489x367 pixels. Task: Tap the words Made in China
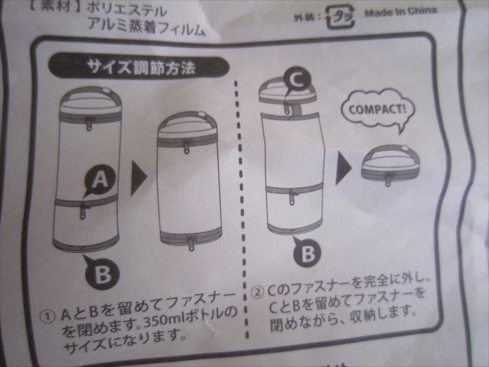pyautogui.click(x=401, y=12)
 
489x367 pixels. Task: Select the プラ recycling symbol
pyautogui.click(x=340, y=17)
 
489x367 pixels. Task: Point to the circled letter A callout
pyautogui.click(x=100, y=180)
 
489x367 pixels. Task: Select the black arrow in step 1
pyautogui.click(x=138, y=178)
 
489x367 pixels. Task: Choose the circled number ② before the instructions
pyautogui.click(x=257, y=293)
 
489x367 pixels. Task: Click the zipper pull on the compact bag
pyautogui.click(x=388, y=181)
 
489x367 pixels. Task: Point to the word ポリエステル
pyautogui.click(x=127, y=11)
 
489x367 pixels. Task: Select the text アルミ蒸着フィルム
pyautogui.click(x=146, y=26)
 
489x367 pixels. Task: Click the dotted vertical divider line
pyautogui.click(x=241, y=210)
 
